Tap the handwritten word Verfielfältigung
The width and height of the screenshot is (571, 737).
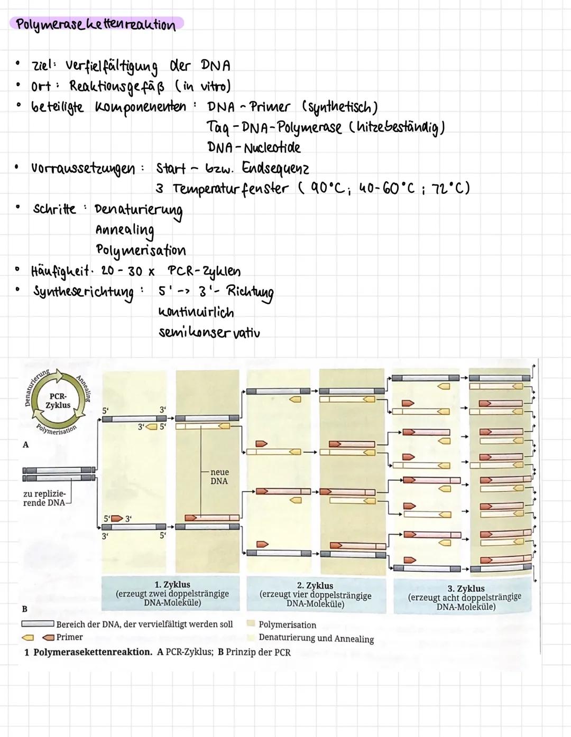point(112,67)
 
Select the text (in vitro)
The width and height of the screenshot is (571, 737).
point(203,86)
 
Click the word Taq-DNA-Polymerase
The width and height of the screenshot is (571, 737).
point(274,128)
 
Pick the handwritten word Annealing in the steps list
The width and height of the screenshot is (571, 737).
point(125,230)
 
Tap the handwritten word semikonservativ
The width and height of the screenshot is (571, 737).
point(209,333)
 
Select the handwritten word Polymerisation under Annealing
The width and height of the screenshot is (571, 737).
point(141,250)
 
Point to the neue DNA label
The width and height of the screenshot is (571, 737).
point(219,476)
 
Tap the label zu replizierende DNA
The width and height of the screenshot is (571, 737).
point(44,498)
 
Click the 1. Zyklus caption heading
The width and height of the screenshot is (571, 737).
point(172,584)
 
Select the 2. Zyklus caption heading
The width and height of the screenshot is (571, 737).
point(315,585)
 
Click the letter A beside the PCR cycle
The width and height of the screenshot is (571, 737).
point(25,445)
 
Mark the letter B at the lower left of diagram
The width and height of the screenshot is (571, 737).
point(25,609)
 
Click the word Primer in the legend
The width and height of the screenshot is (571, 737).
point(69,637)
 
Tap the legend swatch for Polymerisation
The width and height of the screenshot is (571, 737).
point(251,624)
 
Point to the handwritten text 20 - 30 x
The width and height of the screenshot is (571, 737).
point(127,271)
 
